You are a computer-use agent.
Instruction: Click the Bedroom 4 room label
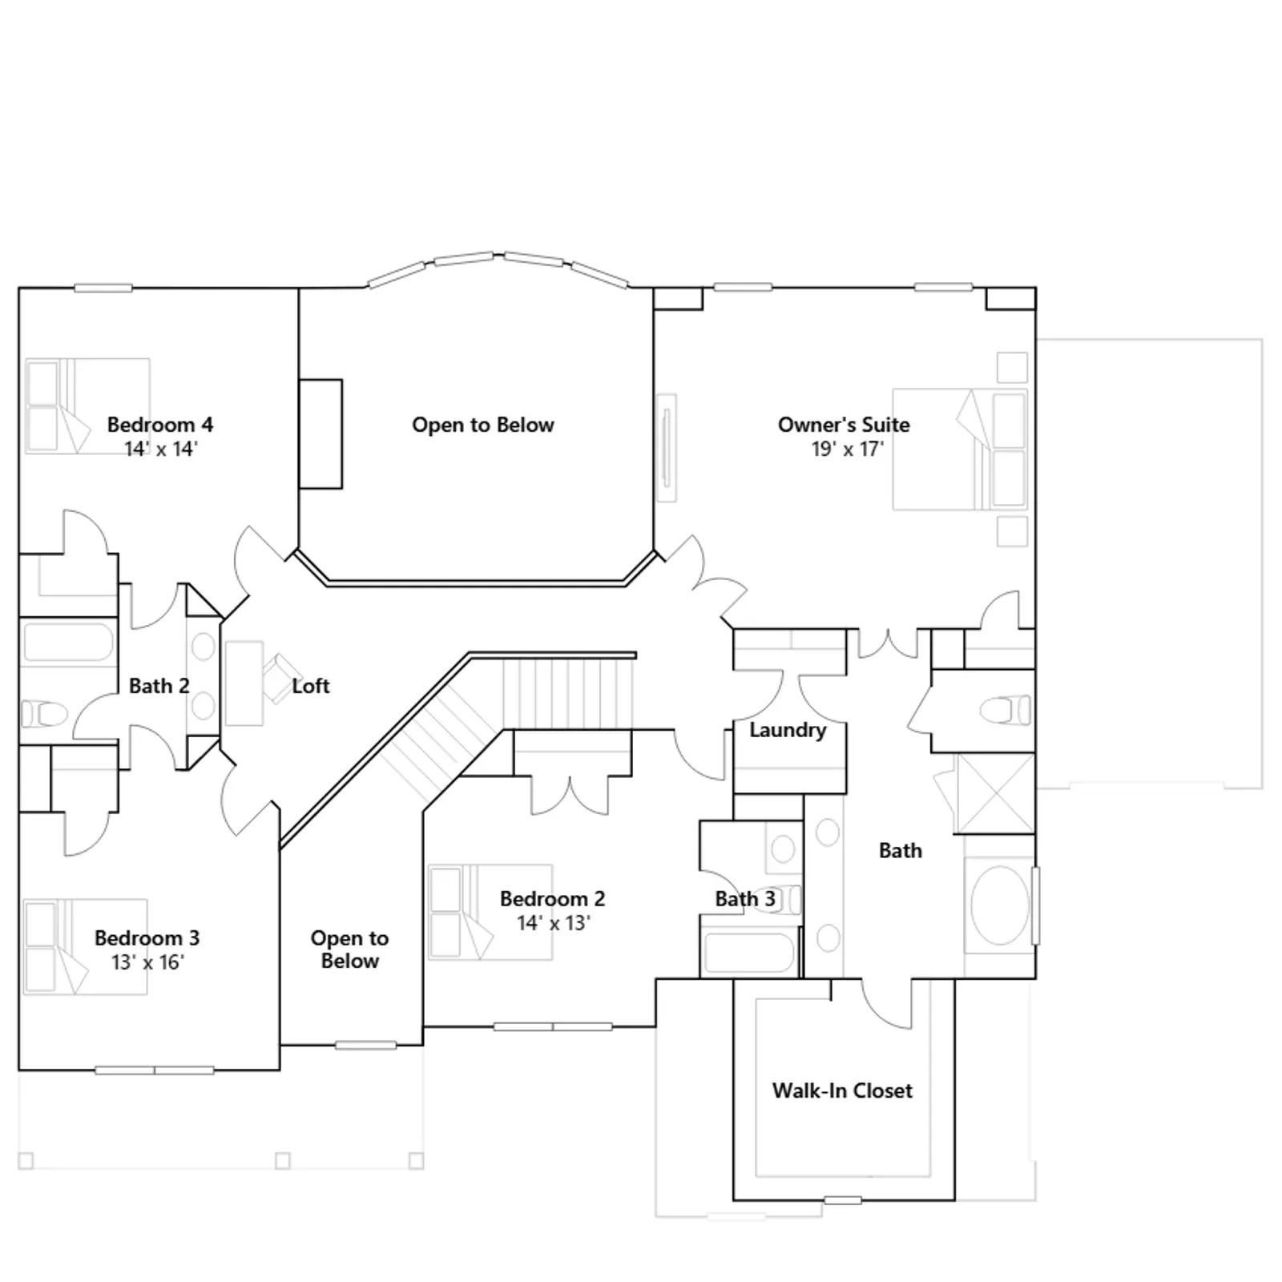[x=160, y=425]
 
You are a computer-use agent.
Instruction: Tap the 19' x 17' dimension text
[x=847, y=449]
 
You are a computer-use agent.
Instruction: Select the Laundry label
[x=788, y=730]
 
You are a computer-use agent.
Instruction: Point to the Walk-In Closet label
[x=842, y=1091]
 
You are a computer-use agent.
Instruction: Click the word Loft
[x=311, y=686]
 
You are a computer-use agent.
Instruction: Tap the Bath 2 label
[x=159, y=686]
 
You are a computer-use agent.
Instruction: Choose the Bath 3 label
[x=745, y=899]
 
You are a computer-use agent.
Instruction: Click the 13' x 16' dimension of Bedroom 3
[x=147, y=961]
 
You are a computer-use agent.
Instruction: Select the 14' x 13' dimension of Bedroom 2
[x=553, y=923]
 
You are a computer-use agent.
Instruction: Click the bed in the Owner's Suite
[x=960, y=450]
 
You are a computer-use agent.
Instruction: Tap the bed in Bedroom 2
[x=490, y=912]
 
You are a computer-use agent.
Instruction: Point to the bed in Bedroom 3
[x=85, y=947]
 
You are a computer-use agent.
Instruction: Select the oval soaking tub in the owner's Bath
[x=1000, y=905]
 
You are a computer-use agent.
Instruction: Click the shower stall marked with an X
[x=996, y=793]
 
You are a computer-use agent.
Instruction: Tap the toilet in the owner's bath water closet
[x=1007, y=710]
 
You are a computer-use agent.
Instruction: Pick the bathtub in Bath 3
[x=748, y=952]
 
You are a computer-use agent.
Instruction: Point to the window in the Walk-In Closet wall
[x=843, y=1200]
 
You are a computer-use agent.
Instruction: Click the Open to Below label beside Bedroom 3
[x=349, y=949]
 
